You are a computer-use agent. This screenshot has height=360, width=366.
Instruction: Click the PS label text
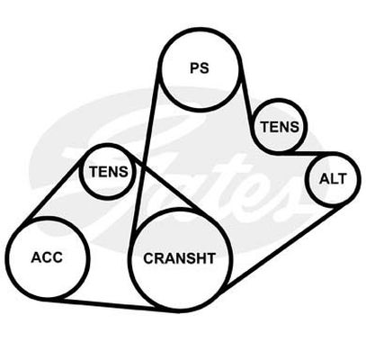(x=200, y=67)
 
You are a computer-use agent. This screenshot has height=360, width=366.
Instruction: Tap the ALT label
(x=333, y=179)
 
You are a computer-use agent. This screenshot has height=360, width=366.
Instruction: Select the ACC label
(x=47, y=257)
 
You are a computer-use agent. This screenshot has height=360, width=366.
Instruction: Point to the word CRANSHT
(x=179, y=258)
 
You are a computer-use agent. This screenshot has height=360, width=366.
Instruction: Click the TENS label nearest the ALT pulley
(x=280, y=127)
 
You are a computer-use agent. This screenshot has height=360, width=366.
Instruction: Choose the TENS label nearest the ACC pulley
(x=109, y=172)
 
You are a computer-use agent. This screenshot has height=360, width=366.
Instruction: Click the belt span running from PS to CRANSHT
(x=144, y=156)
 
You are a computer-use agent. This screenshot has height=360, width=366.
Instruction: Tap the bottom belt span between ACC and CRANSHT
(x=111, y=304)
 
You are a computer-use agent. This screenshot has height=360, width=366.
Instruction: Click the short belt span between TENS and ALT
(x=295, y=153)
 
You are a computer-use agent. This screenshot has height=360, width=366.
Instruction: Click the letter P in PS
(x=195, y=67)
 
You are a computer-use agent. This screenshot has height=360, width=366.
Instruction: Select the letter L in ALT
(x=334, y=179)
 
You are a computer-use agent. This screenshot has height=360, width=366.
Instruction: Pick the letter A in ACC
(x=36, y=257)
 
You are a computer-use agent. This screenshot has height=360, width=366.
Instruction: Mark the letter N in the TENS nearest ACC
(x=113, y=172)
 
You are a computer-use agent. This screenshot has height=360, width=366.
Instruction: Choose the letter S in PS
(x=204, y=67)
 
